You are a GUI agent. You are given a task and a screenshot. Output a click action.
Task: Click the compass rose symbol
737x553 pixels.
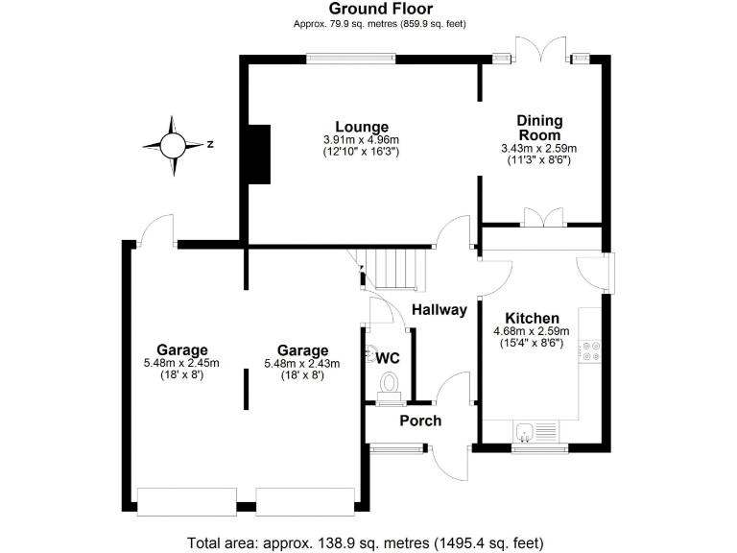tap(173, 146)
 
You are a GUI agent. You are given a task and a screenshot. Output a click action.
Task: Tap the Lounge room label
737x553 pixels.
tap(361, 127)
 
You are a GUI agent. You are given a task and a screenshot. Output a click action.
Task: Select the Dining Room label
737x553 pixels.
tap(539, 128)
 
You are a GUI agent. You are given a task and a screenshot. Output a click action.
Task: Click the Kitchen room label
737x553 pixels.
tap(532, 318)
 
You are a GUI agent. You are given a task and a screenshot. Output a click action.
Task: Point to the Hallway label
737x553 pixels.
tap(439, 310)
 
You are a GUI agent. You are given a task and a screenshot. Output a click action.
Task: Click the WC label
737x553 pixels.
tap(388, 358)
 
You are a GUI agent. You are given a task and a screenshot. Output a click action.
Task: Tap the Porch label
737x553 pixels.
tap(420, 421)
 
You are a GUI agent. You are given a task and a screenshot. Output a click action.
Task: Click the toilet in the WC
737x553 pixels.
tap(389, 386)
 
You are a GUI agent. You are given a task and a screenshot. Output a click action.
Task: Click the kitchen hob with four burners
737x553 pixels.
tap(589, 351)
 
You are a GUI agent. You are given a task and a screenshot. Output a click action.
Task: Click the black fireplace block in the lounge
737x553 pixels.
tap(259, 154)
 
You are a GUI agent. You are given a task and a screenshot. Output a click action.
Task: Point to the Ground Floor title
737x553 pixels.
tap(368, 9)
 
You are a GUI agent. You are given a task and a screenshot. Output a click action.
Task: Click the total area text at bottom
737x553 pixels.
tap(368, 541)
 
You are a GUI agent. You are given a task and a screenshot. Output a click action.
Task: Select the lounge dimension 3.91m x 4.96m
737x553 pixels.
tap(361, 140)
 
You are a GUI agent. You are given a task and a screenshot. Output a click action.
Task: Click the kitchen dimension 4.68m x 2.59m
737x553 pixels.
tap(532, 331)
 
